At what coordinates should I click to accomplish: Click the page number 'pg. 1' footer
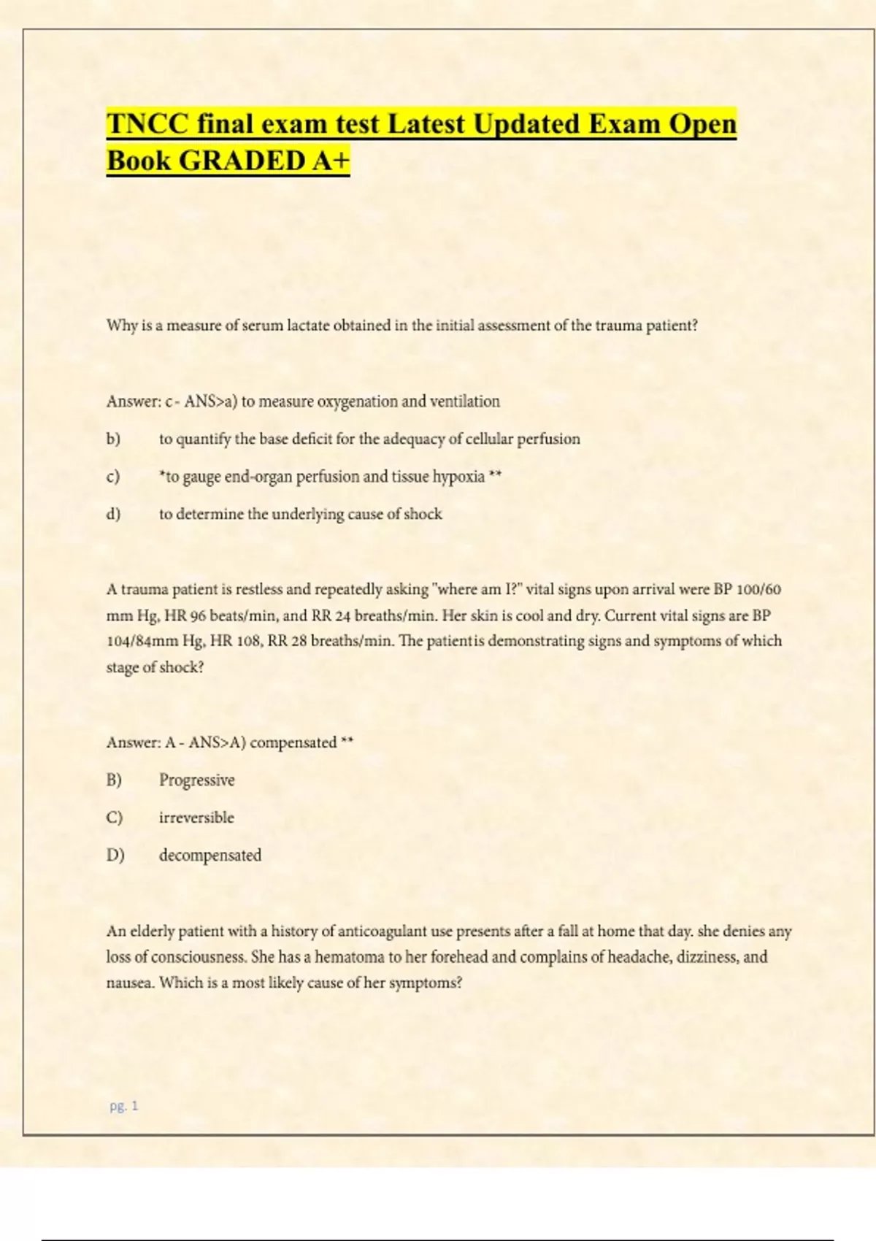[123, 1106]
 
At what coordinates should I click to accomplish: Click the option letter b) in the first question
[113, 439]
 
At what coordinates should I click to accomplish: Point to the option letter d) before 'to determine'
[113, 514]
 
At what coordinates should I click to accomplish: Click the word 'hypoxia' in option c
[458, 477]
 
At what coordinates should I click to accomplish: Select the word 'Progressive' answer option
[197, 780]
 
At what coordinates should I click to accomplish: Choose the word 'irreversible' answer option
[196, 818]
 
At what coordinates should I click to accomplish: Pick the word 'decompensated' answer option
[210, 855]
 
